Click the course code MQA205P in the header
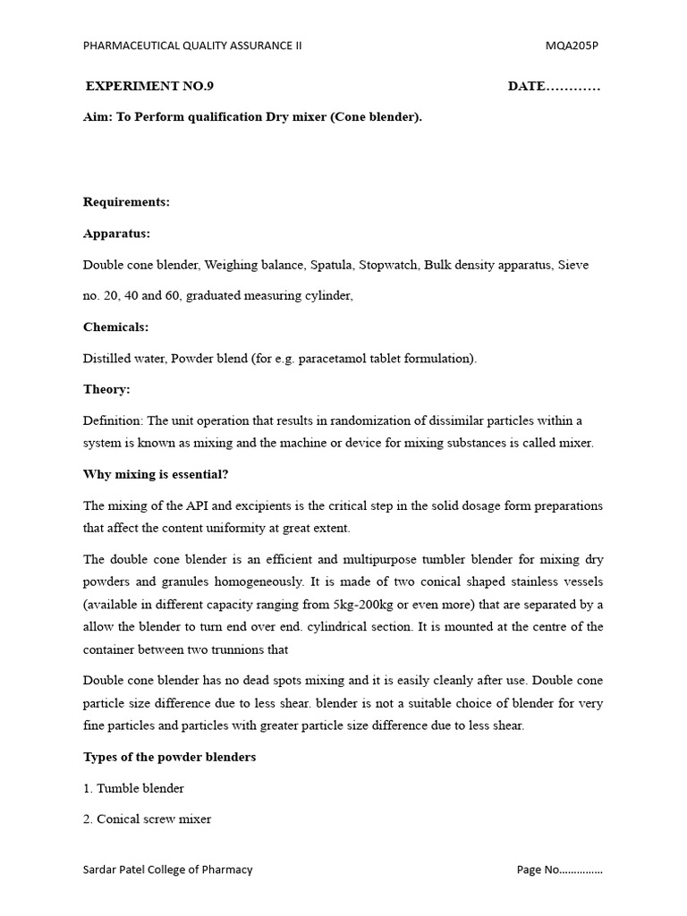coord(572,46)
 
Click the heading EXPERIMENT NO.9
coord(149,87)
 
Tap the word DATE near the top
coord(526,87)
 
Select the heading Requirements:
coord(126,202)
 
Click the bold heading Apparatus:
coord(116,233)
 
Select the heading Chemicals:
coord(116,327)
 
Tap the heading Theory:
coord(106,390)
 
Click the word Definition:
coord(113,420)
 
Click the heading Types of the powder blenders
coord(169,757)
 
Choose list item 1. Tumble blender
coord(133,788)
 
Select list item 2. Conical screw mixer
coord(147,819)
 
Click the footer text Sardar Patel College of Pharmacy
coord(167,869)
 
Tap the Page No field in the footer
coord(559,869)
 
